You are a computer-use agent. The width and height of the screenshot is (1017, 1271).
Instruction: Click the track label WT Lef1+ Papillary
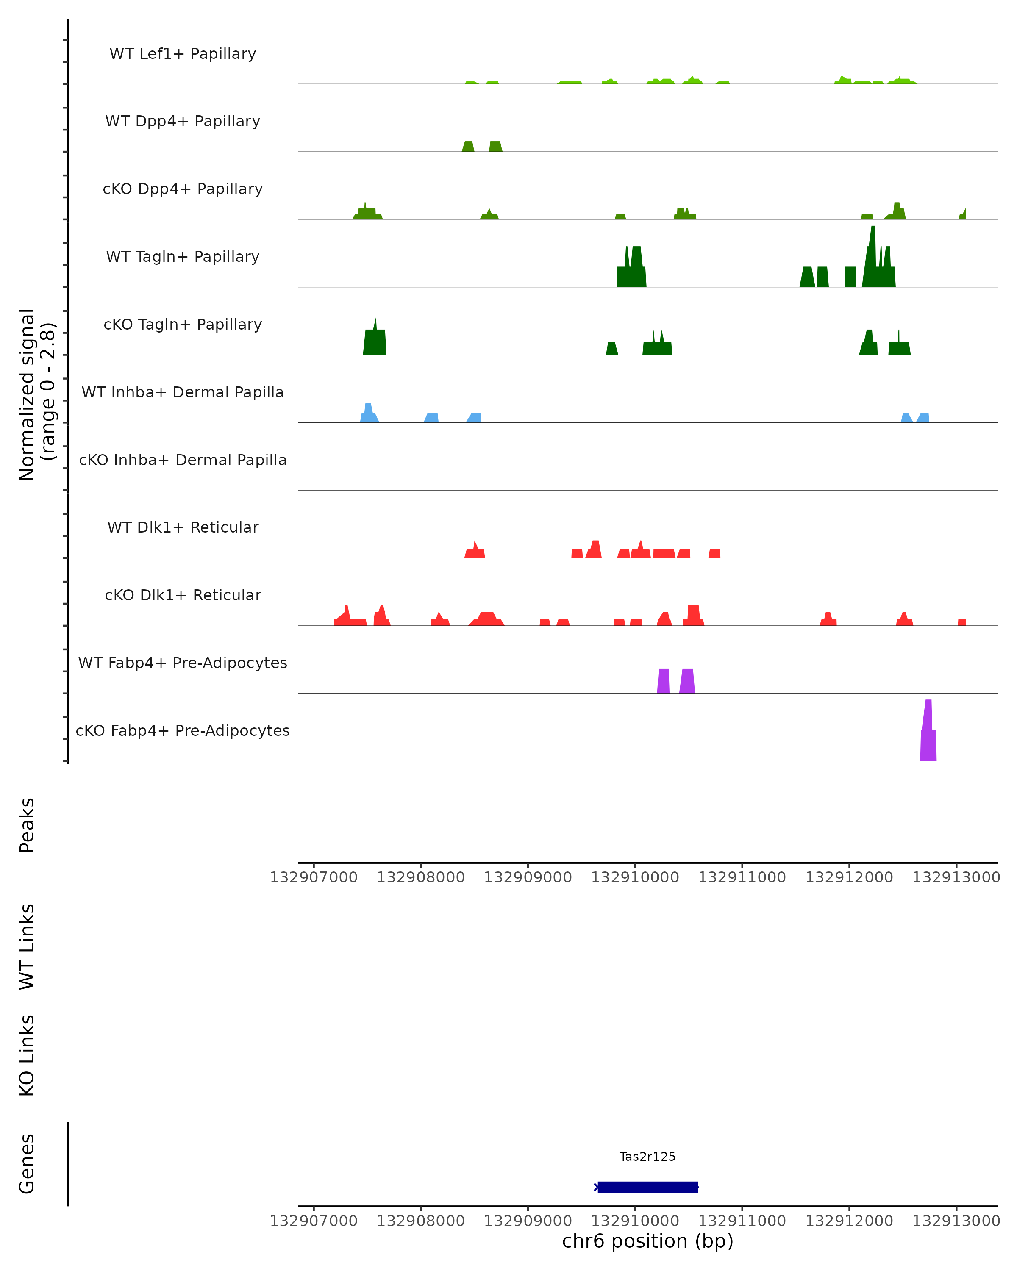[x=183, y=54]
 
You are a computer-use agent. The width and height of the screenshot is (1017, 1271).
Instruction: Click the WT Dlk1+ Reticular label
[x=183, y=527]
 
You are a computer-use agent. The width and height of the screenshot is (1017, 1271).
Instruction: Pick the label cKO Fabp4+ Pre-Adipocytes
[x=183, y=730]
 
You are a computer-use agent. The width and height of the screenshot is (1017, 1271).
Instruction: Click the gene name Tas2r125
[x=647, y=1156]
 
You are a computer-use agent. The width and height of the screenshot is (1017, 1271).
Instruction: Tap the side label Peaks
[x=27, y=825]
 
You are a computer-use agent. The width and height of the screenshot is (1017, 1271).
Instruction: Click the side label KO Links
[x=27, y=1055]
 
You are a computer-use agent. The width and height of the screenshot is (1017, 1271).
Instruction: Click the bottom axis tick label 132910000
[x=635, y=1221]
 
